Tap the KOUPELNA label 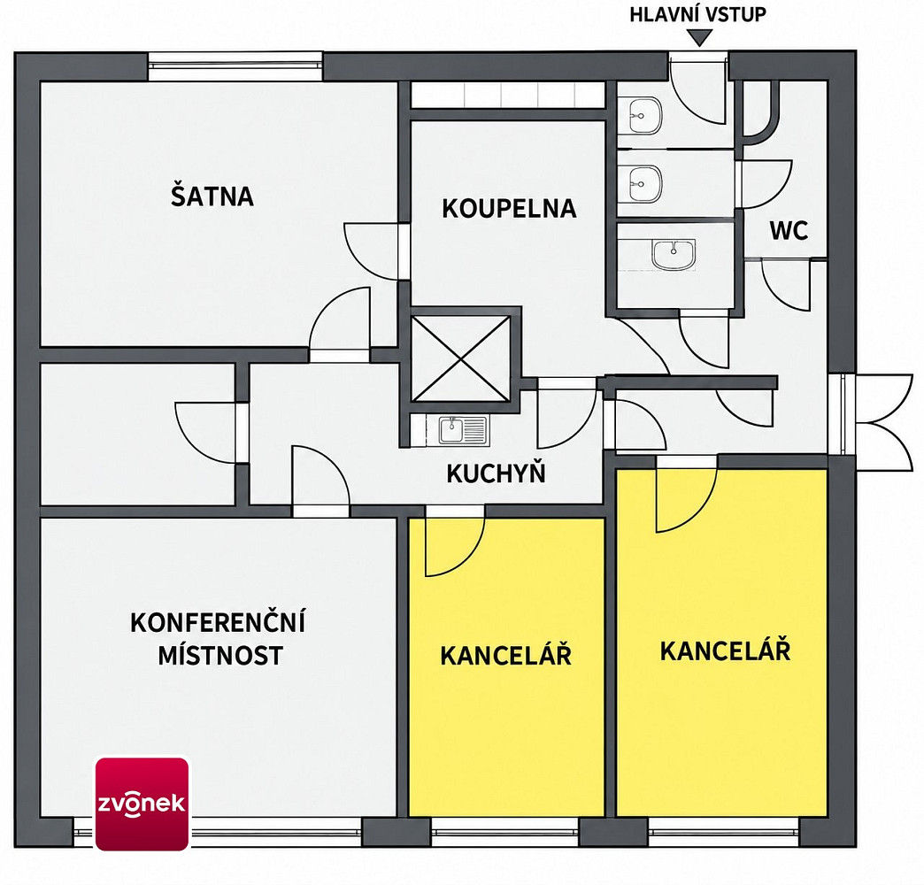[509, 209]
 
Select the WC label [789, 231]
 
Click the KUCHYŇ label [496, 473]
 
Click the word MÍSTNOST [220, 655]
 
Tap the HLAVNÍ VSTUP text [697, 15]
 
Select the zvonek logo [142, 804]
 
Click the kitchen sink [463, 430]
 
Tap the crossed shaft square [461, 358]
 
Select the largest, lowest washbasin [674, 255]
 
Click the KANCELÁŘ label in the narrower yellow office [505, 655]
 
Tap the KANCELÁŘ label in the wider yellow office [725, 650]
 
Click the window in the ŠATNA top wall [235, 66]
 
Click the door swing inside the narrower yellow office [455, 546]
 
